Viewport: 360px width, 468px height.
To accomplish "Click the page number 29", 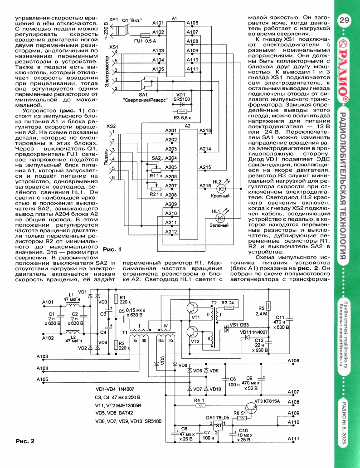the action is click(344, 20).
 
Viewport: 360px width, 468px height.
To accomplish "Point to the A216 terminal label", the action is click(205, 185).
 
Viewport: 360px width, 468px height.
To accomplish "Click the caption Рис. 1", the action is click(112, 249).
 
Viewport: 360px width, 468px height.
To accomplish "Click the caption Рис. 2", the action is click(25, 441).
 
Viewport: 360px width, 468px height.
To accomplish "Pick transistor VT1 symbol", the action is click(191, 308).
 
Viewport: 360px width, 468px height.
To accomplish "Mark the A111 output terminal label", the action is click(293, 439).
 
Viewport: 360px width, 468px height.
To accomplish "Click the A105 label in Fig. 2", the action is click(42, 380).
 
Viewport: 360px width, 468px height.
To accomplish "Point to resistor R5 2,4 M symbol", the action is click(269, 306).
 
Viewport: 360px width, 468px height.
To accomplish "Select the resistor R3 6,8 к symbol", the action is click(182, 111).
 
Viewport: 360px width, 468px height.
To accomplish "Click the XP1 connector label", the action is click(114, 19).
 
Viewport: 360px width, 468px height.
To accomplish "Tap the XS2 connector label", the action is click(111, 126).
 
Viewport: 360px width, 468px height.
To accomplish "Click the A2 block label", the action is click(187, 126).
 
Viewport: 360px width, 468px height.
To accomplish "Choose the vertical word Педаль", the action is click(106, 157).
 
